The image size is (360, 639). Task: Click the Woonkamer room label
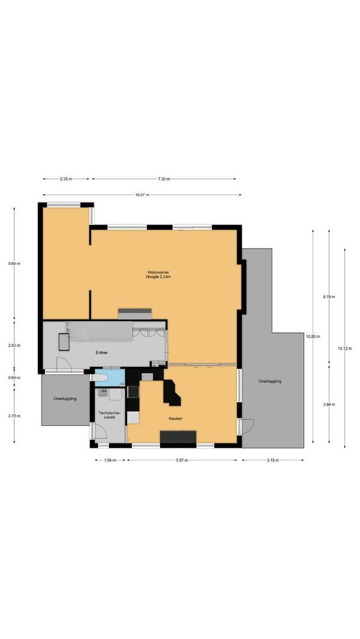tap(159, 272)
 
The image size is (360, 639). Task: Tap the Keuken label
tap(175, 418)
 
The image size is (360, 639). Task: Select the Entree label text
tap(102, 352)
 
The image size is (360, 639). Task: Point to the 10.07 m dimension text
tap(142, 195)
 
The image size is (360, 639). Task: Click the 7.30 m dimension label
tap(163, 179)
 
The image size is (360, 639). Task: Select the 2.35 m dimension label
tap(66, 179)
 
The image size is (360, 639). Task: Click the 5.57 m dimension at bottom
tap(182, 460)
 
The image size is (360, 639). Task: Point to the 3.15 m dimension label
tap(272, 460)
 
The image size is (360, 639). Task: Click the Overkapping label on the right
tap(269, 381)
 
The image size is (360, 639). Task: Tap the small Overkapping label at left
tap(65, 399)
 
